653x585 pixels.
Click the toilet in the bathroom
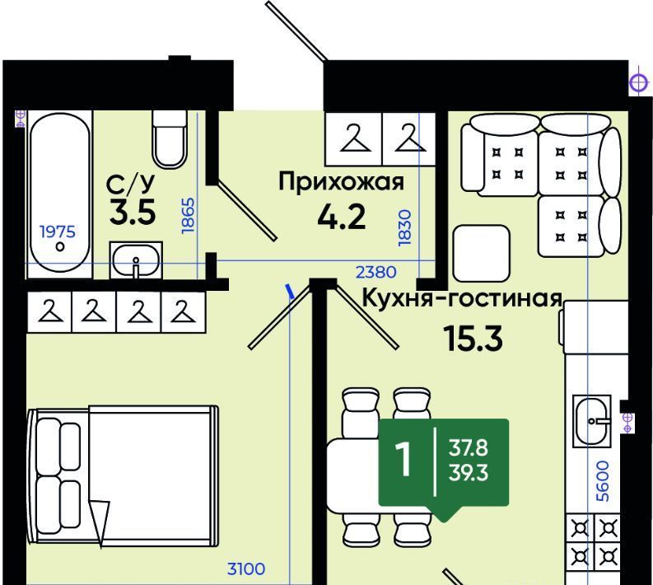click(x=169, y=139)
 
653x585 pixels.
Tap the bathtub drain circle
click(x=60, y=246)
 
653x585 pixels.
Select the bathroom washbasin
click(x=136, y=260)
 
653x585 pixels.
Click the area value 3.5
click(x=133, y=212)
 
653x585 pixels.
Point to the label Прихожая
click(x=342, y=182)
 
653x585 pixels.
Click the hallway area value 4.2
click(x=342, y=217)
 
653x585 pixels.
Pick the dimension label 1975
click(x=58, y=232)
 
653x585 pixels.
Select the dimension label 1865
click(x=189, y=215)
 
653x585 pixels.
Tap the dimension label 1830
click(x=404, y=227)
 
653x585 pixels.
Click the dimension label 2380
click(x=375, y=272)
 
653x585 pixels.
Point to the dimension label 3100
click(x=245, y=569)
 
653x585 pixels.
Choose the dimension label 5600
click(x=602, y=480)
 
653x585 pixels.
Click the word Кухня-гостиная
click(x=462, y=298)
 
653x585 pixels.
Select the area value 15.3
click(x=473, y=338)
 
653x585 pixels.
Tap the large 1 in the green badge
click(x=403, y=459)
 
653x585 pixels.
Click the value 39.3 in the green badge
click(x=468, y=473)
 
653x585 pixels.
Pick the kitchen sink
click(x=592, y=421)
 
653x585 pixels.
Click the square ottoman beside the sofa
click(x=482, y=253)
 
